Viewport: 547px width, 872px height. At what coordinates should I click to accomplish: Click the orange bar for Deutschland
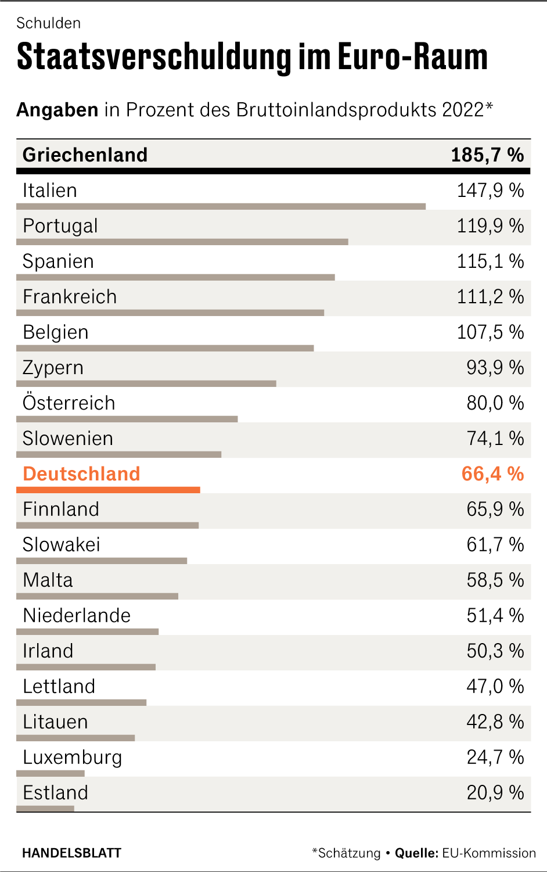[108, 490]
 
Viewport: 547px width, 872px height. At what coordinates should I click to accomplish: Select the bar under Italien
[221, 206]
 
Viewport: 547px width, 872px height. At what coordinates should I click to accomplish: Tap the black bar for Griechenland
[273, 171]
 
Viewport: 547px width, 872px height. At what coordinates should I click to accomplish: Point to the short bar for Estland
[45, 809]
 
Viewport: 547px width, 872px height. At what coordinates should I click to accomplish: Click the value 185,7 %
[487, 155]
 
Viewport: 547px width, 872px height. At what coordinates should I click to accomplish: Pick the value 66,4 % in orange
[492, 474]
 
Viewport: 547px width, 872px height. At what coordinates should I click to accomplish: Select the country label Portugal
[60, 226]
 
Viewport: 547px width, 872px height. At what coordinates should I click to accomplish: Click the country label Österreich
[69, 403]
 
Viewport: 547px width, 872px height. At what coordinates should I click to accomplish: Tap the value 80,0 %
[495, 403]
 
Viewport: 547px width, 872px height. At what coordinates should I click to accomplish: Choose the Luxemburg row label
[72, 758]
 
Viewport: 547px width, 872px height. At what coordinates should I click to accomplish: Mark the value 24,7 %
[495, 758]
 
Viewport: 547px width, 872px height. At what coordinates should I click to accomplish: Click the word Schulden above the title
[49, 23]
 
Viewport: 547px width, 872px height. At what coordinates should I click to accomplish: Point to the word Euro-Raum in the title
[413, 57]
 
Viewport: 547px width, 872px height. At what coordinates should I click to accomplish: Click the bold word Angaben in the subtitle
[57, 110]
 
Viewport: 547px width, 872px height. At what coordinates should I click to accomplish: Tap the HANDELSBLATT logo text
[71, 853]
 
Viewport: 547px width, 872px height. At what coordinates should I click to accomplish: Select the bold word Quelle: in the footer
[416, 853]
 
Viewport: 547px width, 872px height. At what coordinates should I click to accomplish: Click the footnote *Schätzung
[346, 853]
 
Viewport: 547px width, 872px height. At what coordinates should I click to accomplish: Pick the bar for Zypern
[146, 383]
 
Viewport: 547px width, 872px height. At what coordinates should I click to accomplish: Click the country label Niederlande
[77, 616]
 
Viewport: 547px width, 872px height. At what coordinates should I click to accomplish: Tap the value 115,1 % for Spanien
[490, 261]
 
